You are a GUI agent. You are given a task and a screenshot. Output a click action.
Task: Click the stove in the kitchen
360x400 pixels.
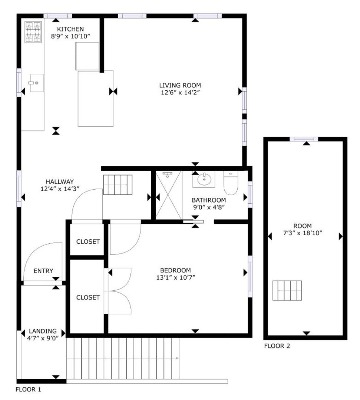[x=33, y=32]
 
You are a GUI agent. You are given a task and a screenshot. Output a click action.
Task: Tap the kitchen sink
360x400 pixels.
[x=37, y=83]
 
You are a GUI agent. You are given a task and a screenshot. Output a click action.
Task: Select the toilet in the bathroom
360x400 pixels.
[x=231, y=183]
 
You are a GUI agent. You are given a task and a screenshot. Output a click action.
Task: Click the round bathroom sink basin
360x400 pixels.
[x=204, y=179]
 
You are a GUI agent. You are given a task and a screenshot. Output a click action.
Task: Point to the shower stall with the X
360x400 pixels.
[x=169, y=195]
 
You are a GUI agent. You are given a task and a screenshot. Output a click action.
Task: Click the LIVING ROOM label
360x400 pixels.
[x=180, y=85]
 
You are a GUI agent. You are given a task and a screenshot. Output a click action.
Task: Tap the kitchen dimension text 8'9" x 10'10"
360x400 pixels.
[x=70, y=36]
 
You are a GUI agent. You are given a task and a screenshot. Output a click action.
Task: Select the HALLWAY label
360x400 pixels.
[x=60, y=181]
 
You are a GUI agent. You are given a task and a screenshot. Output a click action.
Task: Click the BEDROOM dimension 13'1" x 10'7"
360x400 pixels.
[x=176, y=277]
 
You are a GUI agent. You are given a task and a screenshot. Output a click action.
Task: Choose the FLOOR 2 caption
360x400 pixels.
[x=277, y=346]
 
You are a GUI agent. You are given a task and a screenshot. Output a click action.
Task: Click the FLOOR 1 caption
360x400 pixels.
[x=28, y=389]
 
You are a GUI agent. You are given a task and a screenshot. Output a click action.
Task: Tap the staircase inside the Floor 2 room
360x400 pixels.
[x=287, y=291]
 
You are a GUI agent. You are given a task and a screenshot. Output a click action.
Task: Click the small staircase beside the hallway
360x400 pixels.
[x=118, y=185]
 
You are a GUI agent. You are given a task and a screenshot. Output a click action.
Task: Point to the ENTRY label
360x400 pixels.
[x=43, y=271]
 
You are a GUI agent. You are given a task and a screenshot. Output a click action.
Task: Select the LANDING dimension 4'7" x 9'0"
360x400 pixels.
[x=43, y=338]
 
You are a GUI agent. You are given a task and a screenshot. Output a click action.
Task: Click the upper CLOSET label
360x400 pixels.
[x=88, y=241]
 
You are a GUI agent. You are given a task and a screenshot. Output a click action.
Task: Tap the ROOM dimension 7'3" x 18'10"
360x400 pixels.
[x=303, y=233]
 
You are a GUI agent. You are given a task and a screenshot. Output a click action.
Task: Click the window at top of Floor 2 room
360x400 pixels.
[x=304, y=139]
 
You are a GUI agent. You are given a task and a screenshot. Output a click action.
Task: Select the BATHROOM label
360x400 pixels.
[x=209, y=200]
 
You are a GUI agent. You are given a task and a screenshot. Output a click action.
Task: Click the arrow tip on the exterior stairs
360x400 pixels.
[x=178, y=358]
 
